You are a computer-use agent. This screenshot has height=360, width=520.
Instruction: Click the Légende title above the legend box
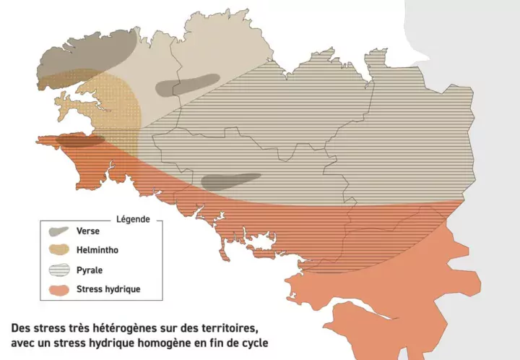[x=132, y=219]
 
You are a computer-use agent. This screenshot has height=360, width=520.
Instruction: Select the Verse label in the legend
[x=88, y=231]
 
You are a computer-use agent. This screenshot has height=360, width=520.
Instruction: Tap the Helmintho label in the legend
[x=97, y=250]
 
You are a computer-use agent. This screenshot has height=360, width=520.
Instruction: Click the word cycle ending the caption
[x=251, y=341]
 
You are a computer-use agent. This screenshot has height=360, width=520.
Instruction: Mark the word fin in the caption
[x=212, y=341]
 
